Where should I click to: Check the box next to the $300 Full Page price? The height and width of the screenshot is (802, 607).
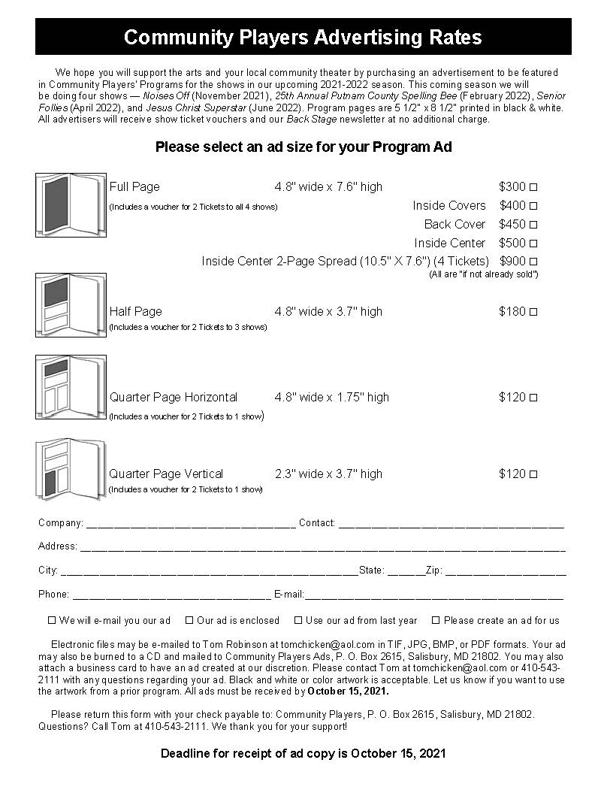coord(533,187)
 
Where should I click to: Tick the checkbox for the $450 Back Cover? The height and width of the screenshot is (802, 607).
coord(533,225)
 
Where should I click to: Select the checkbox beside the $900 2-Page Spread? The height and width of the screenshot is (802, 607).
coord(533,262)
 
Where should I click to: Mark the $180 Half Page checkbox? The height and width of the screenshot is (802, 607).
coord(533,312)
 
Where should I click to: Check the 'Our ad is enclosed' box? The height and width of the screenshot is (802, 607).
coord(189,621)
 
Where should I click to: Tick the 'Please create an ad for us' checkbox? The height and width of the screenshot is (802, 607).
coord(436,621)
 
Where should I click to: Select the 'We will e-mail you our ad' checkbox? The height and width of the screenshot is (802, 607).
coord(52,621)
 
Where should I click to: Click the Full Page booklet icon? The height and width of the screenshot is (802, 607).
coord(71,205)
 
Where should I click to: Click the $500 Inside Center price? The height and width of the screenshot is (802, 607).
coord(512,243)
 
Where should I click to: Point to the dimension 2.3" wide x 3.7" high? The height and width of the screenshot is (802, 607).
coord(328,474)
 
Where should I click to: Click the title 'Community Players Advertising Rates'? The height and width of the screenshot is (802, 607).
coord(303,37)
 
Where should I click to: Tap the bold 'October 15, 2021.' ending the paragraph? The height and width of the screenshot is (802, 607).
coord(349,691)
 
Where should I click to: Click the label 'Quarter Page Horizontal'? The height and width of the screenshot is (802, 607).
coord(174,397)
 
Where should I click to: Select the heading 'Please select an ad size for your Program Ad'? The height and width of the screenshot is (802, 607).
coord(303,147)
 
